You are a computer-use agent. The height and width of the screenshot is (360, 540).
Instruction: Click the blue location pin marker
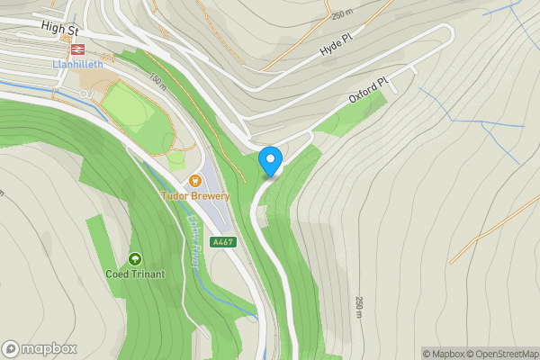[x=270, y=161]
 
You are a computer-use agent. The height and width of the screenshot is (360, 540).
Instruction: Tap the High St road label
[x=60, y=29]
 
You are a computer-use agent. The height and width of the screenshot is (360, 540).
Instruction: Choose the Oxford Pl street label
[x=367, y=93]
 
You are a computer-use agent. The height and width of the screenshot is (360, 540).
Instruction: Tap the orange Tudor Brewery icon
[x=195, y=179]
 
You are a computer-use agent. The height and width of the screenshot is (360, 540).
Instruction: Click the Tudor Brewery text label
[x=195, y=196]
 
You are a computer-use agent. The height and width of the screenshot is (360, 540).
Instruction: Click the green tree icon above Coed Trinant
[x=135, y=259]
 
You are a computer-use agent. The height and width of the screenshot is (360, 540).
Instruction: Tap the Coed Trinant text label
[x=135, y=274]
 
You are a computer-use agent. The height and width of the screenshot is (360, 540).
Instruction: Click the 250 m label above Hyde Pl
[x=343, y=14]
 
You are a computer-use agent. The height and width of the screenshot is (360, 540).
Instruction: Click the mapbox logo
[x=39, y=348]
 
